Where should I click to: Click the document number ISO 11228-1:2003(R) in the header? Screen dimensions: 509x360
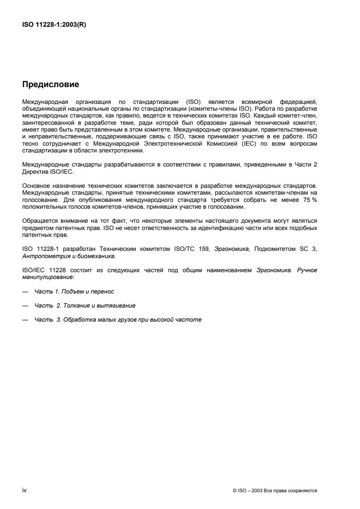tap(54, 25)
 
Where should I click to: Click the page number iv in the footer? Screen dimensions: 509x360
tap(25, 490)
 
